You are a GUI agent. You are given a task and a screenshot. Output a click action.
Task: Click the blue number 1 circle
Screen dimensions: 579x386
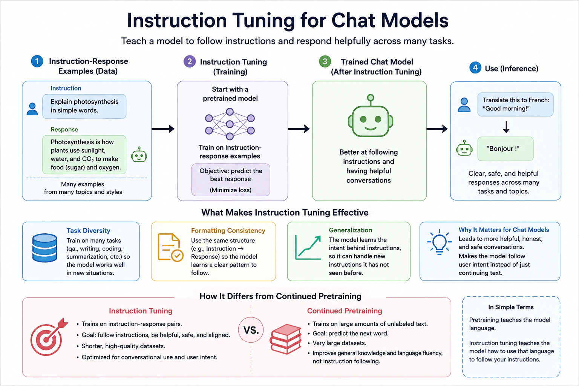coord(37,61)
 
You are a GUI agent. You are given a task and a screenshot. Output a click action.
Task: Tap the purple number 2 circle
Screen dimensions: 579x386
coord(190,61)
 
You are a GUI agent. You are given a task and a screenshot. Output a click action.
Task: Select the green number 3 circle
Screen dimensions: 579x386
coord(325,61)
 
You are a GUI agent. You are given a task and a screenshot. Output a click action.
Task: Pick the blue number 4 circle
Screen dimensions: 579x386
coord(475,68)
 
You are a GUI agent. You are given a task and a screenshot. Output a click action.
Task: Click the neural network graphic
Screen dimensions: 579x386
coord(230,124)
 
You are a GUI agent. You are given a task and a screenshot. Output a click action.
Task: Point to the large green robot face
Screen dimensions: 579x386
coord(371,116)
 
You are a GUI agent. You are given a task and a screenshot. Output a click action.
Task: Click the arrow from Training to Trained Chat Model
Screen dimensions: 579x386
coord(299,129)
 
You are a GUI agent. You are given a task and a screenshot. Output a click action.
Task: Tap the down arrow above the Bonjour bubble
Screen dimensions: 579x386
coord(506,127)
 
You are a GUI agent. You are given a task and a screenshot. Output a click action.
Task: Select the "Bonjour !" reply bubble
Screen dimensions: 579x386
coord(505,149)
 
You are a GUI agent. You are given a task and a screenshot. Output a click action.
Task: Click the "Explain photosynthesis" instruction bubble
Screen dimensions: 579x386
coord(84,106)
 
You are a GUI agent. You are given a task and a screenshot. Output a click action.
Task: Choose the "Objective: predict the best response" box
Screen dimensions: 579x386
coord(231,180)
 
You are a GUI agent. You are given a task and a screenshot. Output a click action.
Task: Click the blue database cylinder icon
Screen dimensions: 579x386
coord(45,248)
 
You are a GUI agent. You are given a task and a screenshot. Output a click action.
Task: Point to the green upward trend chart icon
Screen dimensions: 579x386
coord(308,248)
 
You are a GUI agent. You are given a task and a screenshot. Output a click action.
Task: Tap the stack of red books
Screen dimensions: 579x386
coord(286,339)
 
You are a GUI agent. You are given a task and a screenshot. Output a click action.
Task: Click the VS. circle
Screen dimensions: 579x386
coord(251,330)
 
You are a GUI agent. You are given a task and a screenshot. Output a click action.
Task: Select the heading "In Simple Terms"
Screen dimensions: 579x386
coord(511,307)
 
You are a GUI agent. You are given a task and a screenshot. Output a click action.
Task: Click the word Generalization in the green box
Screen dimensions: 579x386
coord(350,230)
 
